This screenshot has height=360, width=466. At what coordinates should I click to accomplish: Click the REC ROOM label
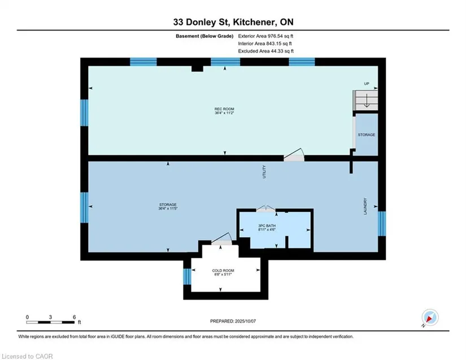pos(224,109)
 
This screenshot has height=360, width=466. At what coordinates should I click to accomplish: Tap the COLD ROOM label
pos(223,271)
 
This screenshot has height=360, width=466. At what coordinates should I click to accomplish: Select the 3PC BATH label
pos(267,225)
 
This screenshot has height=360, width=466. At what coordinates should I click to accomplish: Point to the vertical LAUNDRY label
pos(365,206)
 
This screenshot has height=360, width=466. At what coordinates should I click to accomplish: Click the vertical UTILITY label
pos(264,172)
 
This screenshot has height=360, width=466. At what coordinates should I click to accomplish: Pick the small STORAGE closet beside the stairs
pos(367,135)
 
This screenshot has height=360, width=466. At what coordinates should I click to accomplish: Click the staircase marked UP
pos(367,100)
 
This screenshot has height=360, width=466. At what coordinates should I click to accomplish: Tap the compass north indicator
pos(429,318)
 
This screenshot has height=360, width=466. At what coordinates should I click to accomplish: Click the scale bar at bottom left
pos(50,322)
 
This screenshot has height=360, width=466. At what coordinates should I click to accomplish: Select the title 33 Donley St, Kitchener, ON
pos(233,22)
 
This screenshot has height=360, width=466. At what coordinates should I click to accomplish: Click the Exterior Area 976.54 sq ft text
pos(265,36)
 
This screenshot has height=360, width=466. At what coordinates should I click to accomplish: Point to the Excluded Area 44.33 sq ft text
pos(265,51)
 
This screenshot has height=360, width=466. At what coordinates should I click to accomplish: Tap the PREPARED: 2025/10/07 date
pos(233,321)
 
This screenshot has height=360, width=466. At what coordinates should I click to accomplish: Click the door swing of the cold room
pos(221,238)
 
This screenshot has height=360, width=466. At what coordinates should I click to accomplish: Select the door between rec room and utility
pos(294,155)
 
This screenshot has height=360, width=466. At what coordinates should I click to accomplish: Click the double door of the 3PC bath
pos(265,209)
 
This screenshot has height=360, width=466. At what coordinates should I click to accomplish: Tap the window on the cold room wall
pos(187,276)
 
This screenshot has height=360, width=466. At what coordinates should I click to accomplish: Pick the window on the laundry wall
pos(382,224)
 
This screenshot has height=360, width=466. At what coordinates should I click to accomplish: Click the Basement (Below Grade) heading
pos(204,36)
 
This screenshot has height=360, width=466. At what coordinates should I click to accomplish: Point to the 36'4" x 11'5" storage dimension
pos(168,209)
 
